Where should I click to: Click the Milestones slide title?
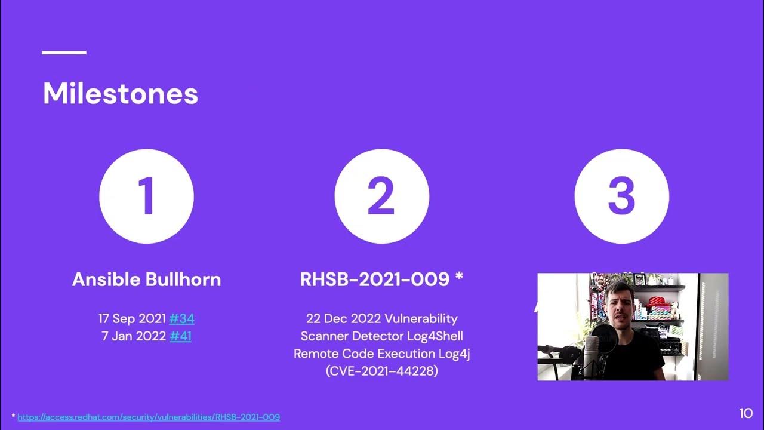pos(121,93)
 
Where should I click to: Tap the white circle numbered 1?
pos(147,196)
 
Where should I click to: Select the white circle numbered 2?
pos(381,196)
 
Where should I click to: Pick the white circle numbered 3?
pos(622,196)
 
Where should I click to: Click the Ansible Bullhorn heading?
pos(147,279)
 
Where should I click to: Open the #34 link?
pos(182,319)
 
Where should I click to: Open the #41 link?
pos(180,336)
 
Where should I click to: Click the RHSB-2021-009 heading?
pos(374,279)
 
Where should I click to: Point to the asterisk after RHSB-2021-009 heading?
pos(459,276)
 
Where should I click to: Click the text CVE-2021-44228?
pos(381,371)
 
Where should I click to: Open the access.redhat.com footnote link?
pos(149,417)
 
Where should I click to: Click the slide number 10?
pos(746,414)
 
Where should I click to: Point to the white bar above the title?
pos(64,53)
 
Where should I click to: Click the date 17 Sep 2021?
pos(132,319)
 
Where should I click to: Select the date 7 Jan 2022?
pos(134,336)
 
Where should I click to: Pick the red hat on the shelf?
pos(657,302)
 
